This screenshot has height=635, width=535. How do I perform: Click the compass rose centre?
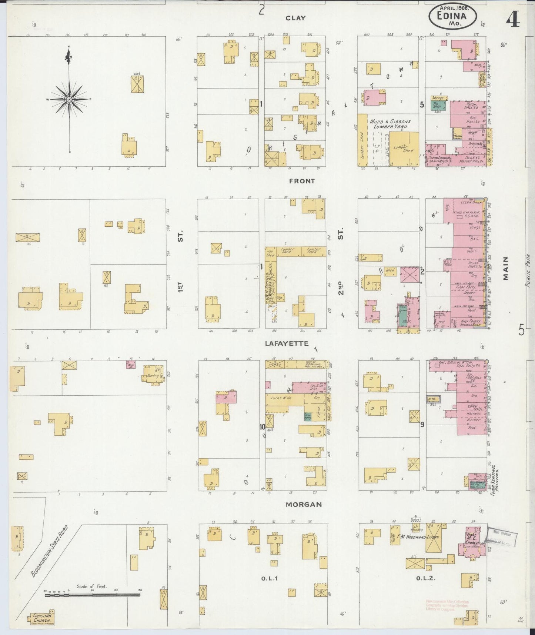pos(69,100)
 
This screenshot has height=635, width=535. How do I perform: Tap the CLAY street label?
pos(295,18)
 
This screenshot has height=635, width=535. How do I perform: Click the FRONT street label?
pos(302,181)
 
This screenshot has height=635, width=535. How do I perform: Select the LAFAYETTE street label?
pos(287,343)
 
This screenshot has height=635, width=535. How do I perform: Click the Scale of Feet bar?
pos(92,595)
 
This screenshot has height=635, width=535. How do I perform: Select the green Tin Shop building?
pos(438,105)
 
